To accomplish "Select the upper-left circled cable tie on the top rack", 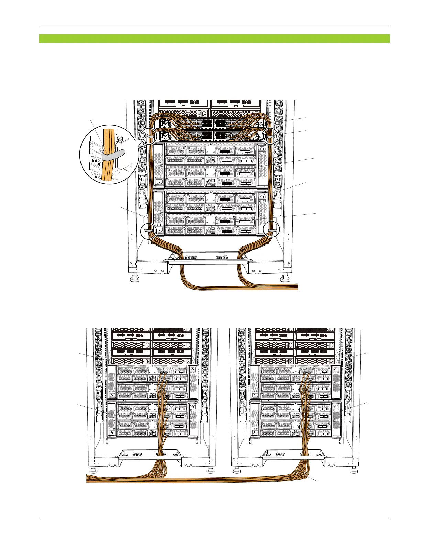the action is point(149,135).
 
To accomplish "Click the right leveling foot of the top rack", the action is point(285,277).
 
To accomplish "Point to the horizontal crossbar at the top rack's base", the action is point(208,261).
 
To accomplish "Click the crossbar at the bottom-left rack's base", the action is point(151,457).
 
